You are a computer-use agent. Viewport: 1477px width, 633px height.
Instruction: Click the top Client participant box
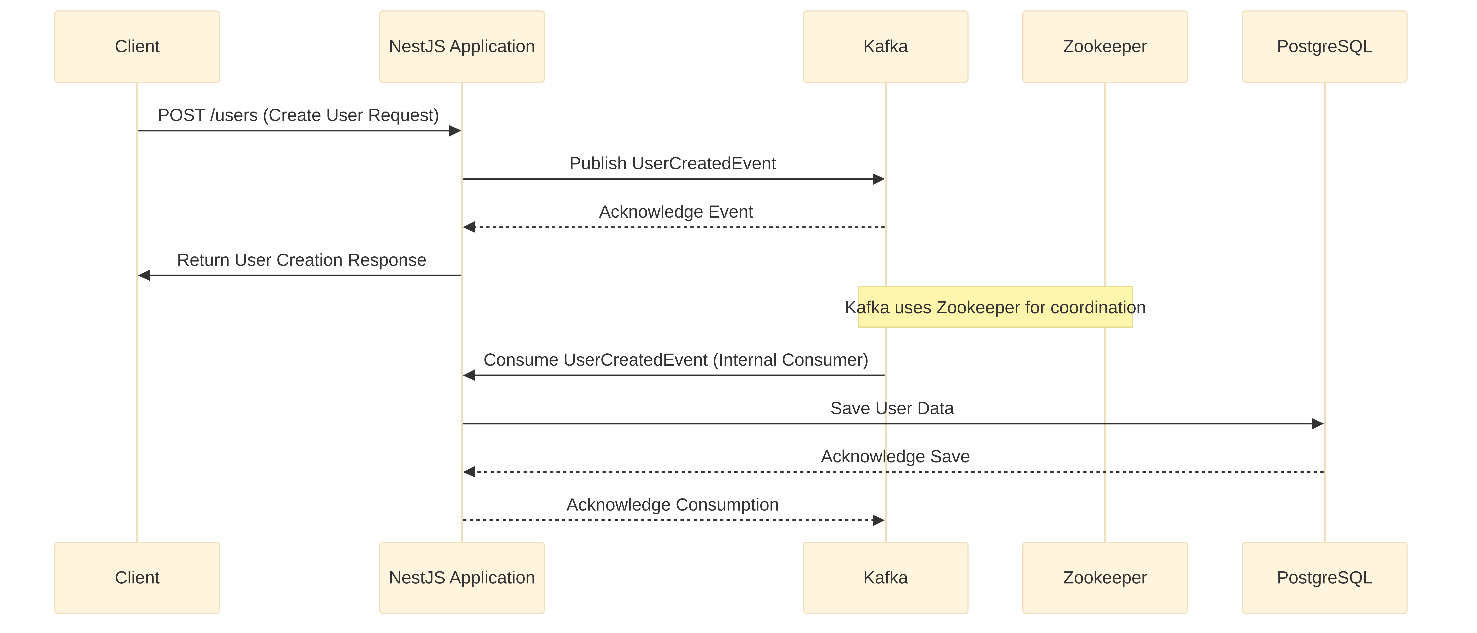point(137,47)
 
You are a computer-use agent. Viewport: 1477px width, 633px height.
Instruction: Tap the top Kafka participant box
point(885,47)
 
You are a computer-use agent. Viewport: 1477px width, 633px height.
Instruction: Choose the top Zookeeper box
point(1105,47)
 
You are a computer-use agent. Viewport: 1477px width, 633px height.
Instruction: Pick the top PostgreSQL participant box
point(1324,47)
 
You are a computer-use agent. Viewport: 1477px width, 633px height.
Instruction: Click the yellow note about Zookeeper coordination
point(995,307)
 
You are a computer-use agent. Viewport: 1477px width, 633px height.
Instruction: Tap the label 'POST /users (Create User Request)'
point(298,115)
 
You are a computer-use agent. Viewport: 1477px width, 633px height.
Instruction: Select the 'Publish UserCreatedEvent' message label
point(673,163)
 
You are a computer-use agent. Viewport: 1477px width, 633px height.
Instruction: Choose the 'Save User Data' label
point(892,408)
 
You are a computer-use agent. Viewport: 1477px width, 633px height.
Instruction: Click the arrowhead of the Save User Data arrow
point(1318,424)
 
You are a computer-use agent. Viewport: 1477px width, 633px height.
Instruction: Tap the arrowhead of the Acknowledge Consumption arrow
point(878,520)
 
